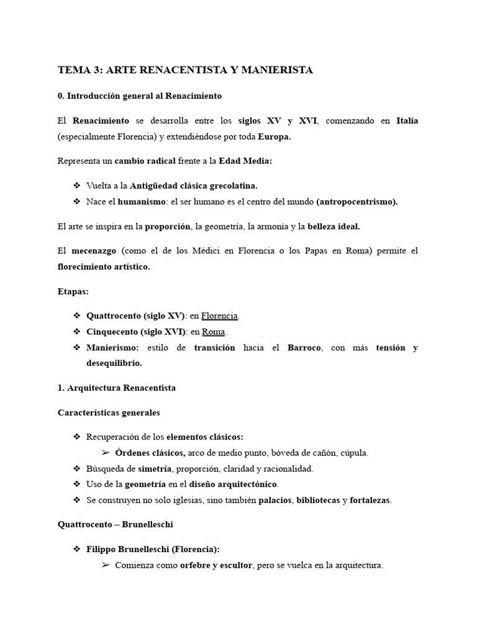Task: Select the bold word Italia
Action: point(407,120)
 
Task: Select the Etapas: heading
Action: point(73,291)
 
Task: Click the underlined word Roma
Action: point(213,331)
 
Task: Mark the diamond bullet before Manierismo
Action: point(77,347)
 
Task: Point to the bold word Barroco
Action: point(304,347)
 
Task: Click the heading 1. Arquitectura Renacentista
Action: point(116,388)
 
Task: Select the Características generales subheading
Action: point(109,412)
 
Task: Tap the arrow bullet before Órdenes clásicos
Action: point(105,453)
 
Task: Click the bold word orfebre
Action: point(196,565)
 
